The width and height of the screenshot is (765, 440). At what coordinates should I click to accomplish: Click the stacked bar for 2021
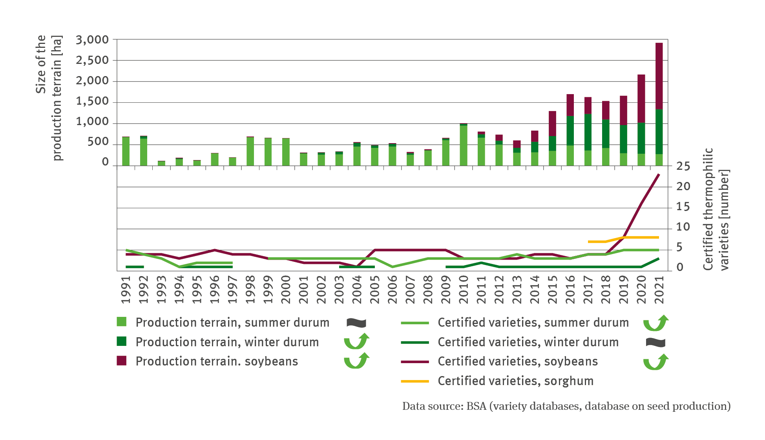coord(659,104)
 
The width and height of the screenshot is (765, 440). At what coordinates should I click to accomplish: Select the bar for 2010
coord(464,145)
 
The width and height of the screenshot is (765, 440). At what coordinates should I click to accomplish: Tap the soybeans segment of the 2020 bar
coord(641,98)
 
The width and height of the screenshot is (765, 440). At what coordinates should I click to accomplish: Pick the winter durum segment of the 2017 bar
coord(588,132)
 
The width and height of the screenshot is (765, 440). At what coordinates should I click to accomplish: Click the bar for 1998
coord(250,151)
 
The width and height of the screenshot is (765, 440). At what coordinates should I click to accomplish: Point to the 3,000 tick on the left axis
coord(92,40)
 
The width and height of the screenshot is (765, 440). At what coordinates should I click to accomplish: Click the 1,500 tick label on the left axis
coord(92,101)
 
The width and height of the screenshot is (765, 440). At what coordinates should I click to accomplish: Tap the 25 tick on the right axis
coord(683,167)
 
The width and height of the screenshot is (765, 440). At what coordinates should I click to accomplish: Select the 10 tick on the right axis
coord(683,227)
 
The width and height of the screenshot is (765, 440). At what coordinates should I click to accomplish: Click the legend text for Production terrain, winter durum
coord(227,342)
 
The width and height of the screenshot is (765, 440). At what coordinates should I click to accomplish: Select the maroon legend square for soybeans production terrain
coord(122,361)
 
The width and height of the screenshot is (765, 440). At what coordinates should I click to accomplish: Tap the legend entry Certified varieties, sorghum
coord(515,381)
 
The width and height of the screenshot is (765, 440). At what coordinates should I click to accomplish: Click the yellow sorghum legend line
coord(414,381)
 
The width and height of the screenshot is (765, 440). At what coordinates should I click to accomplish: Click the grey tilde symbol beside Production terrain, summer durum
coord(356,323)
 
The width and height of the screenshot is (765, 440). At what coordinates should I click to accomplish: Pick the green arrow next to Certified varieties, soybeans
coord(655,362)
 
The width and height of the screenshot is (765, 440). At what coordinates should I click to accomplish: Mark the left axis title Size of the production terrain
coord(49,98)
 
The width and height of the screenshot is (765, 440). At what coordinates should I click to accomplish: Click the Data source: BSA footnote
coord(566,406)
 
